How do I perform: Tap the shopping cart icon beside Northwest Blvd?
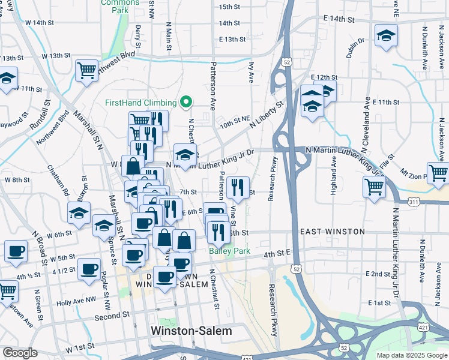[x=86, y=70]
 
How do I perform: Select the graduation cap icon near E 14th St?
[x=386, y=35]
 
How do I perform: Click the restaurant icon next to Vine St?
[x=238, y=187]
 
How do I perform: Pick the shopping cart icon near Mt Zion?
[x=438, y=173]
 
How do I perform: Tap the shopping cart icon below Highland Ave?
[x=374, y=187]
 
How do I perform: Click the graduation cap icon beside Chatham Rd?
[x=79, y=214]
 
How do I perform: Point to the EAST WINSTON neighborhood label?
[x=332, y=232]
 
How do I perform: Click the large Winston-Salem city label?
[x=191, y=331]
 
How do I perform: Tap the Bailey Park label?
[x=228, y=251]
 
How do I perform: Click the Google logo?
[x=19, y=353]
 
